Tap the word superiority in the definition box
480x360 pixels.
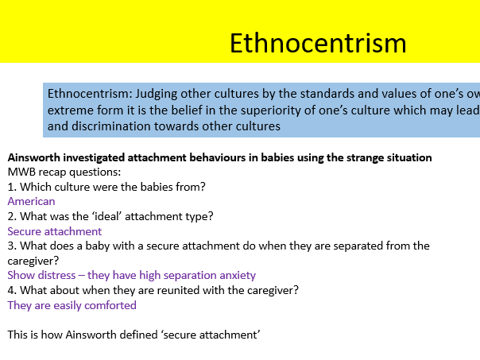287,110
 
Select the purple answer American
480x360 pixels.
31,201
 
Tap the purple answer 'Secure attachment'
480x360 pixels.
55,231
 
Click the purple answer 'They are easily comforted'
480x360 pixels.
72,305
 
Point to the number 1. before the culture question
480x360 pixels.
12,187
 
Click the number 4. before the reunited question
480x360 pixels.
12,290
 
